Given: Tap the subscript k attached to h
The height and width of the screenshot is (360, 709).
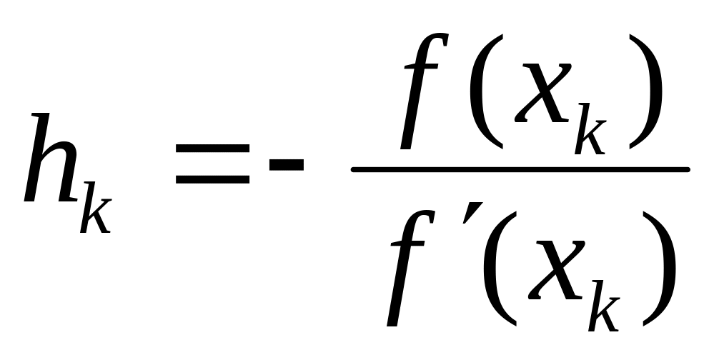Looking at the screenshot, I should coord(95,209).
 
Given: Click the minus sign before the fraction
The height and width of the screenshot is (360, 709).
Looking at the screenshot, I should coord(286,166).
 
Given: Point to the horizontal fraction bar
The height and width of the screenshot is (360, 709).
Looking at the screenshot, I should coord(520,169).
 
